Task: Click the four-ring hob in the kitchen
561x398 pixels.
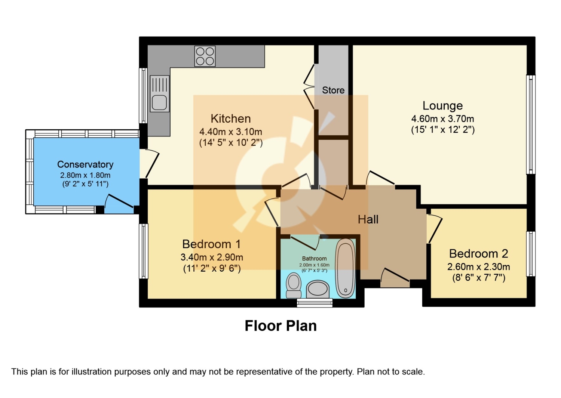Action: click(205, 56)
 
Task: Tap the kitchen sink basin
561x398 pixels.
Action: click(159, 103)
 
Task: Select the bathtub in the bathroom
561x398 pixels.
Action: click(345, 268)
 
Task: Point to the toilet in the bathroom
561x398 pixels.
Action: click(294, 286)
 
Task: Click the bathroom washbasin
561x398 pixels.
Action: click(318, 289)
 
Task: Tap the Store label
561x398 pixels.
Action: click(333, 90)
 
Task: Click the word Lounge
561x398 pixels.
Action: click(442, 106)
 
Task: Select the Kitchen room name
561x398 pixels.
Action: click(231, 118)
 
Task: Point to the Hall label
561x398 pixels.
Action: click(368, 219)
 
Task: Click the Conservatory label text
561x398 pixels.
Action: click(85, 164)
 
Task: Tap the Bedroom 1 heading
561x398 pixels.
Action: click(211, 244)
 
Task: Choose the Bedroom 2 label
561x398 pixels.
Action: click(479, 254)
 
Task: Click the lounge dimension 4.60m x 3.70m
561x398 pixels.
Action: click(442, 118)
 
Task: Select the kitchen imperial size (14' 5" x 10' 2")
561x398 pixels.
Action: click(231, 143)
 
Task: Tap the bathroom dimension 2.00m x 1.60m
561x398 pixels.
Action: click(314, 265)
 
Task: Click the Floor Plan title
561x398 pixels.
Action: click(280, 326)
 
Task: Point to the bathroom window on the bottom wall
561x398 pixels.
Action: click(315, 303)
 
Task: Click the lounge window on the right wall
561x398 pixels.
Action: click(531, 124)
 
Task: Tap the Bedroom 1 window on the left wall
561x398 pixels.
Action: click(144, 251)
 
